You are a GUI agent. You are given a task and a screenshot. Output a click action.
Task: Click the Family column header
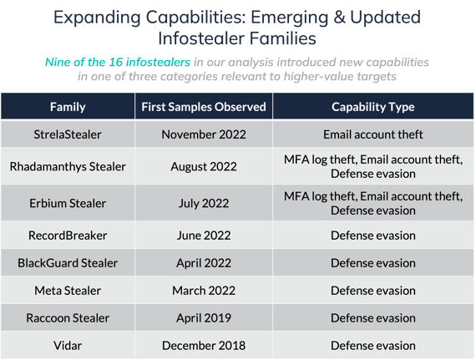point(68,107)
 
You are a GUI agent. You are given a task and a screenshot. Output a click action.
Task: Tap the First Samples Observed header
point(204,107)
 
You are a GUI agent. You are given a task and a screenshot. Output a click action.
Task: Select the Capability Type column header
point(373,107)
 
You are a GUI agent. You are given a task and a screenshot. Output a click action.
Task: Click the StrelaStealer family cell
point(68,134)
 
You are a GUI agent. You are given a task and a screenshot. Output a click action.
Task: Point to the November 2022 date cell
point(204,134)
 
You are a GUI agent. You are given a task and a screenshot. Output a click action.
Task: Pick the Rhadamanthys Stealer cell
point(68,166)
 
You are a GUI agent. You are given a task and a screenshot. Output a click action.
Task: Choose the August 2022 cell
point(204,166)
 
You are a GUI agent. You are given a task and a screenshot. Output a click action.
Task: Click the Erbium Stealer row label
point(68,203)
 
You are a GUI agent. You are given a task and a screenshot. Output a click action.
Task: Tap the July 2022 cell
point(204,203)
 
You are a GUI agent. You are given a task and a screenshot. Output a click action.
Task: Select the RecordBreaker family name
point(68,236)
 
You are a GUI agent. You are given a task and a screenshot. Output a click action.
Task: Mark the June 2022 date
point(204,236)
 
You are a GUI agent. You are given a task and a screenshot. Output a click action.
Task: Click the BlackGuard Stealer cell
point(68,263)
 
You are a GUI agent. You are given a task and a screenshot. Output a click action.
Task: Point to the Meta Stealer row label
point(68,291)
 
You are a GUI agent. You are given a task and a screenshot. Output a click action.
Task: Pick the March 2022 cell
point(204,291)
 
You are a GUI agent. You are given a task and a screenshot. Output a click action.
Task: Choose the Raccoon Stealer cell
point(68,317)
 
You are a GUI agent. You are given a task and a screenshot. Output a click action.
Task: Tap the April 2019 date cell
point(204,317)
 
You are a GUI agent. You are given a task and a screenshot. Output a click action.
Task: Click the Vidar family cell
point(68,346)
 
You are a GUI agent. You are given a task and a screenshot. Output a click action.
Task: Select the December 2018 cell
point(204,346)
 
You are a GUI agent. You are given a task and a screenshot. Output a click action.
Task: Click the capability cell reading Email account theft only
point(373,134)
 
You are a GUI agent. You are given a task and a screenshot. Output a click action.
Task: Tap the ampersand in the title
point(340,17)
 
